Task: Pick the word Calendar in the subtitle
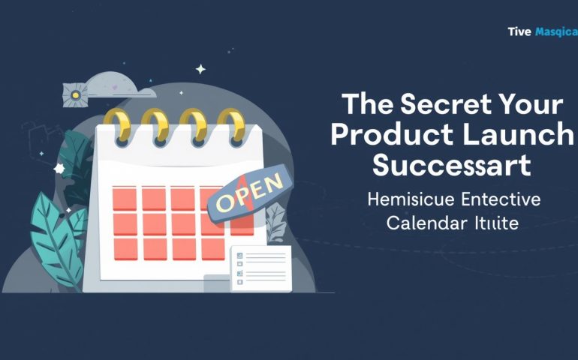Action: [424, 223]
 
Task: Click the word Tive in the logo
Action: [519, 31]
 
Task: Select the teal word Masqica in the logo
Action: [556, 31]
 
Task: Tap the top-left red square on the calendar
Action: [125, 199]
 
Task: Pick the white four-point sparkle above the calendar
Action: [200, 69]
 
